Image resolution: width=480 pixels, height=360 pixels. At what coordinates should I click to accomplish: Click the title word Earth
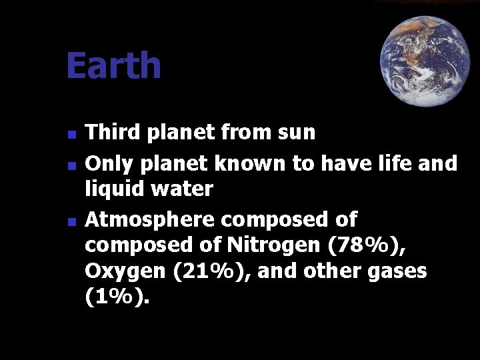pyautogui.click(x=113, y=66)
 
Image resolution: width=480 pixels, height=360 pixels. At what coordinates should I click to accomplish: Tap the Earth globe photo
pyautogui.click(x=425, y=61)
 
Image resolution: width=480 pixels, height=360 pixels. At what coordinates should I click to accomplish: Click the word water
pyautogui.click(x=182, y=189)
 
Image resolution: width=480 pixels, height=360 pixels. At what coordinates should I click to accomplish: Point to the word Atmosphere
pyautogui.click(x=151, y=219)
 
